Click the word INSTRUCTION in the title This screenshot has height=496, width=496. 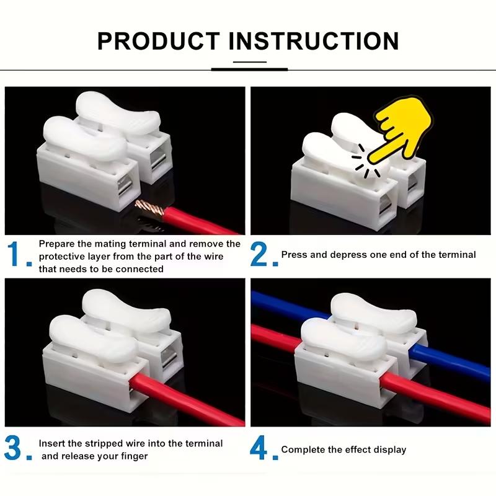pyautogui.click(x=314, y=41)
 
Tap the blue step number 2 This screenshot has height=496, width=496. pyautogui.click(x=261, y=255)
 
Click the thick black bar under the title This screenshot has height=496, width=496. pyautogui.click(x=249, y=69)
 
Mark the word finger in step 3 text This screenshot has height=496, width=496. pyautogui.click(x=135, y=456)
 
